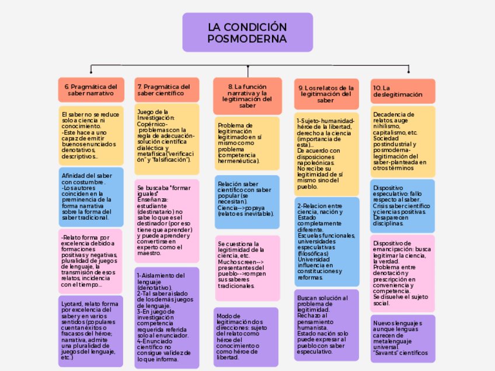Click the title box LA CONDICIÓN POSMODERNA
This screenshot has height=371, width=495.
247,33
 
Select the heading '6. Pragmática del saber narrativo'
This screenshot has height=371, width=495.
91,90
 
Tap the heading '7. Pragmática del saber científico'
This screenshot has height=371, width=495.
166,90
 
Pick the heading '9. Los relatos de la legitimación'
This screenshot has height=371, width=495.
326,94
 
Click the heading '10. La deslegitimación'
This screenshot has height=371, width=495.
403,91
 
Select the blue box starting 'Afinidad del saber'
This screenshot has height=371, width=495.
91,197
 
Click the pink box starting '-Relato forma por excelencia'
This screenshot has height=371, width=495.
91,261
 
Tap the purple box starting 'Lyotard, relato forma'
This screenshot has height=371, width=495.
91,331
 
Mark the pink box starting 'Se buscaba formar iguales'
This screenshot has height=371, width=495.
166,220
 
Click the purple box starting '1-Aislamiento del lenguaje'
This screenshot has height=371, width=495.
166,317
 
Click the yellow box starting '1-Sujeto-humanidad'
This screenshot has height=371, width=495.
326,153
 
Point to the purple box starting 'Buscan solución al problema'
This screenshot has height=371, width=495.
326,324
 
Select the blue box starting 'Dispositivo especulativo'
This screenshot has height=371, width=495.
403,206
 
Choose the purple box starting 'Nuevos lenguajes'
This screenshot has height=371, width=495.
403,338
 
